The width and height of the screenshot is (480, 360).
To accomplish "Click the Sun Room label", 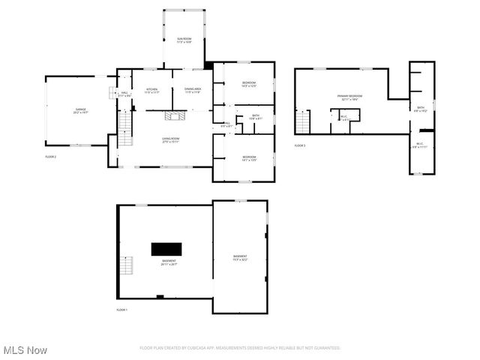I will pos(184,40).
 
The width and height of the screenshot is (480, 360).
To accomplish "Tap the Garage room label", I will pos(80,110).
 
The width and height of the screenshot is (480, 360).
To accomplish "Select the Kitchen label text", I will pos(151,91).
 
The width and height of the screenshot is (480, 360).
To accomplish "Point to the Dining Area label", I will pos(193,91).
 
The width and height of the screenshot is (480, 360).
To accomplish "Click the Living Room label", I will pos(171,140).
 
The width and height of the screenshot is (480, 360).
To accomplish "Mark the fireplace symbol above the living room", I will pos(175,116).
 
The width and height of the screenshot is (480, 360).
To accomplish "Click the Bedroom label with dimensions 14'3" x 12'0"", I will pos(249,83).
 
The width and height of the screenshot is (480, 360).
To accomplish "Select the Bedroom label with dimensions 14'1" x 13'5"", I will pos(249,157).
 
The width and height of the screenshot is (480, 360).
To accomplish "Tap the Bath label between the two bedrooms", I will pos(256,117).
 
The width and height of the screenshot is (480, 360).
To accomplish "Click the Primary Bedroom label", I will pos(349,97).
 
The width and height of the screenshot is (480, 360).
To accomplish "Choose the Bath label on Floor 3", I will pos(421,109).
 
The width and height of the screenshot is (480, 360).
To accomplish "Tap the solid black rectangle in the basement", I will pos(166,249).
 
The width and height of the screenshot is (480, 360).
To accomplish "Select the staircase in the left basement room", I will pos(127,266).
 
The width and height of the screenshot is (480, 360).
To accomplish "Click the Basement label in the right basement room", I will pos(240,258).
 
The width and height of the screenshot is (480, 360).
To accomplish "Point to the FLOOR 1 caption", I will pos(122,310).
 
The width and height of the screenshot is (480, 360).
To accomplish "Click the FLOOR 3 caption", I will pos(300,145).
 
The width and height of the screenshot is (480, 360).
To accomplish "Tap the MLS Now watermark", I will pos(25,350).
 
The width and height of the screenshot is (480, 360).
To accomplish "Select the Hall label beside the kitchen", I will pos(124,94).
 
